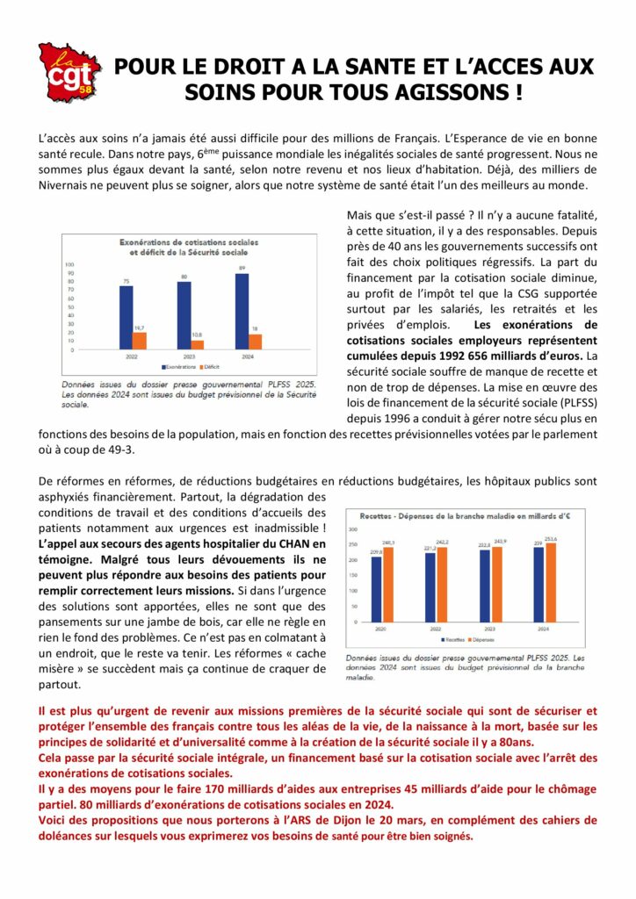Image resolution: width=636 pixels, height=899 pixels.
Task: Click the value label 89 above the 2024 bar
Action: (242, 268)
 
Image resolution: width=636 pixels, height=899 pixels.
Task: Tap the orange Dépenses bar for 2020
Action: (388, 584)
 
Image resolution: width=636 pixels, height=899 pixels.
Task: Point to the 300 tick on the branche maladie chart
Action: (353, 529)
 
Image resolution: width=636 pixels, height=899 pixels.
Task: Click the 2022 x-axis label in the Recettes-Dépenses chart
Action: (437, 629)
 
